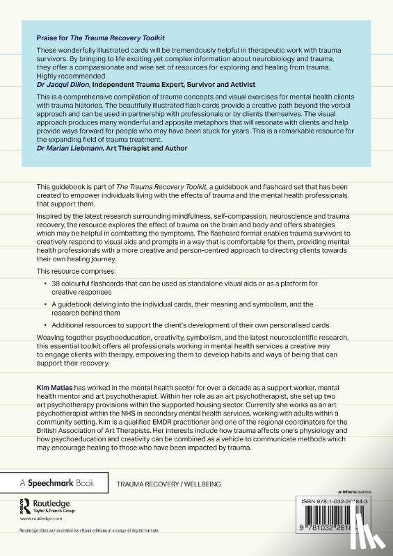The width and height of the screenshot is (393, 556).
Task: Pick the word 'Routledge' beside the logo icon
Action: point(57,502)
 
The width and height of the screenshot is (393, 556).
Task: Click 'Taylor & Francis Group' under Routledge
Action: point(56,511)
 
